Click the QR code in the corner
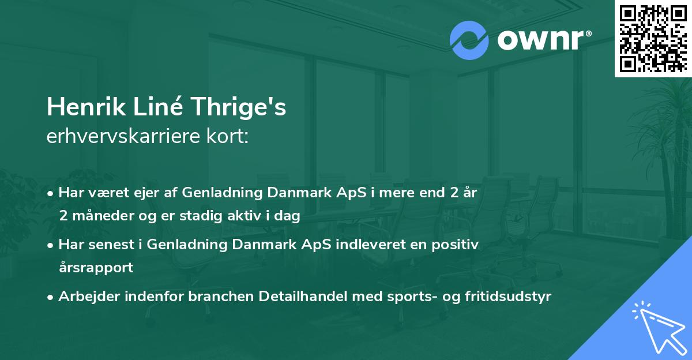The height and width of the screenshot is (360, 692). tap(653, 38)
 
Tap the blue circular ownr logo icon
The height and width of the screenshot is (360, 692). tap(469, 40)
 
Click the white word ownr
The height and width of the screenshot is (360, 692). tap(541, 40)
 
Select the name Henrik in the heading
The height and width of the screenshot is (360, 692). tap(86, 107)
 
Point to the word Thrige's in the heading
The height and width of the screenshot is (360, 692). tap(238, 107)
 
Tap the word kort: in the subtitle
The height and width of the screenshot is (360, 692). tap(228, 136)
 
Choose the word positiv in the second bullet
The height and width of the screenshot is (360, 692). tap(455, 245)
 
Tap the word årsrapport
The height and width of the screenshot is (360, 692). tap(96, 268)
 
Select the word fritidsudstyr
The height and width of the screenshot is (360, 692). tap(508, 297)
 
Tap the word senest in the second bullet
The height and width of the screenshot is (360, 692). tap(111, 245)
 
